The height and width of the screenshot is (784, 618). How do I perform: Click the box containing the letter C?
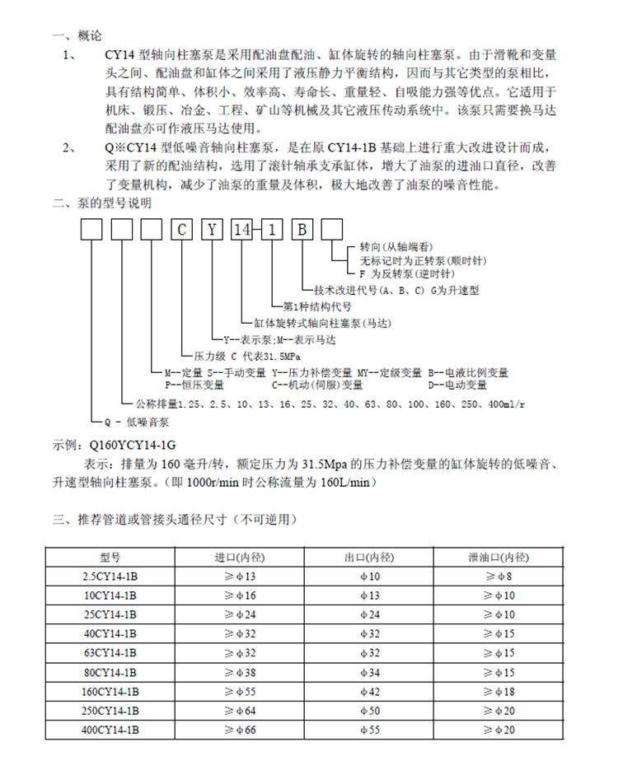[182, 229]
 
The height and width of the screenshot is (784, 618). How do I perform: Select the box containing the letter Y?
[213, 229]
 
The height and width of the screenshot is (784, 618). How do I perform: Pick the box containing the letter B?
[302, 229]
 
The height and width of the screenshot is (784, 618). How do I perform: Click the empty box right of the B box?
[331, 229]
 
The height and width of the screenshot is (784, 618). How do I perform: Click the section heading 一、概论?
[77, 37]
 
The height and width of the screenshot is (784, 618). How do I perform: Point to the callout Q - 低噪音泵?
[132, 421]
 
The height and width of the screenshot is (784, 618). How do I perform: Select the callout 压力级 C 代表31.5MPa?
[248, 357]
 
